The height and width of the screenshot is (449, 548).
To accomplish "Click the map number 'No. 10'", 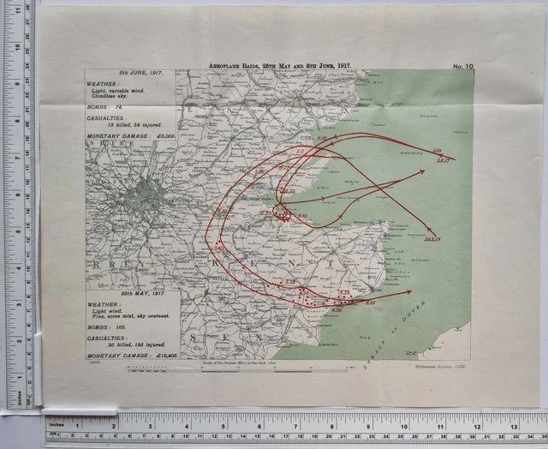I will tap(464, 66).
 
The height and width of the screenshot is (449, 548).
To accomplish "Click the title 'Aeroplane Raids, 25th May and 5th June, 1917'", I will tap(281, 65).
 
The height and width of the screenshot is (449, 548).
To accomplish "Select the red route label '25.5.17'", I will tap(433, 239).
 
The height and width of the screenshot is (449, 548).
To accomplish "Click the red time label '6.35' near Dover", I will tap(370, 302).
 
